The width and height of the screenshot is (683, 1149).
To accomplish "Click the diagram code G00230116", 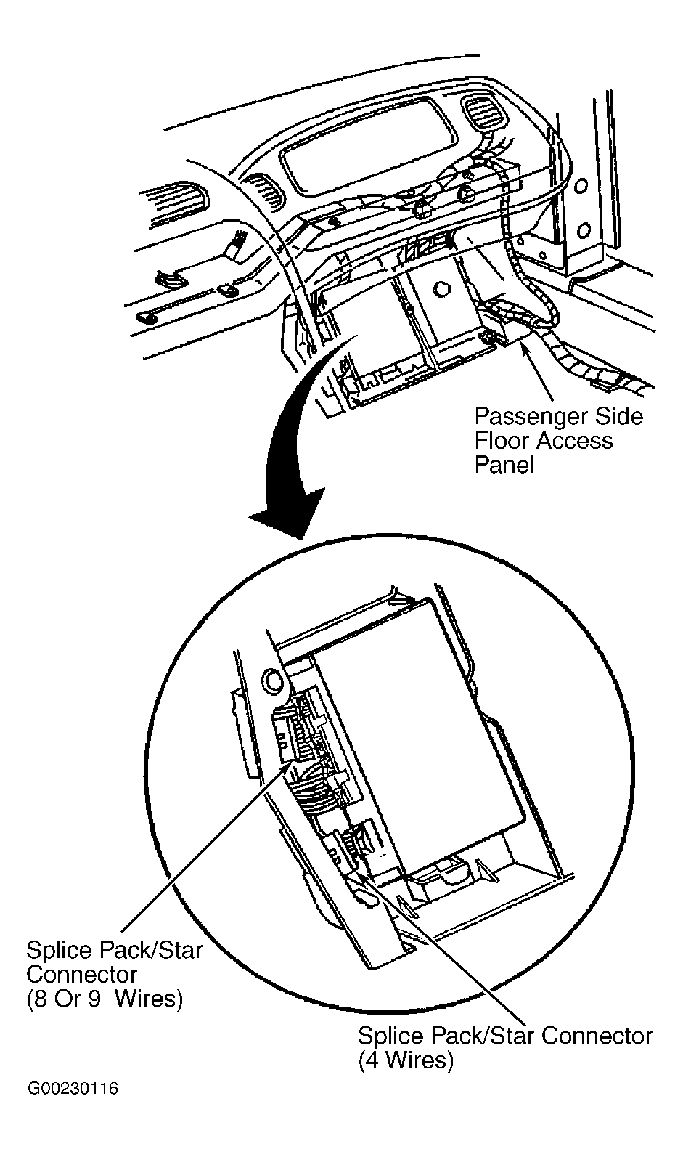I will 73,1089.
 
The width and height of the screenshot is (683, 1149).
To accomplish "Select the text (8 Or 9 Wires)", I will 105,999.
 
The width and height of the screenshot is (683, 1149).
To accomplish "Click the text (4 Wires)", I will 406,1060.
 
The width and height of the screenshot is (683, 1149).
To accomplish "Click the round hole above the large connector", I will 274,680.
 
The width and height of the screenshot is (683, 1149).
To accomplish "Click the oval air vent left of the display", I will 264,191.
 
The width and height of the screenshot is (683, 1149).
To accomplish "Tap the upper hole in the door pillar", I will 581,185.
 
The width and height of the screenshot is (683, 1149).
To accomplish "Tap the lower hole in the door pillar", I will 581,232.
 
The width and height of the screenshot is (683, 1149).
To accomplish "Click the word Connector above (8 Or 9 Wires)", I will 81,974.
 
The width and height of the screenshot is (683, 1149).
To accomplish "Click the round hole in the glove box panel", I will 438,288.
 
